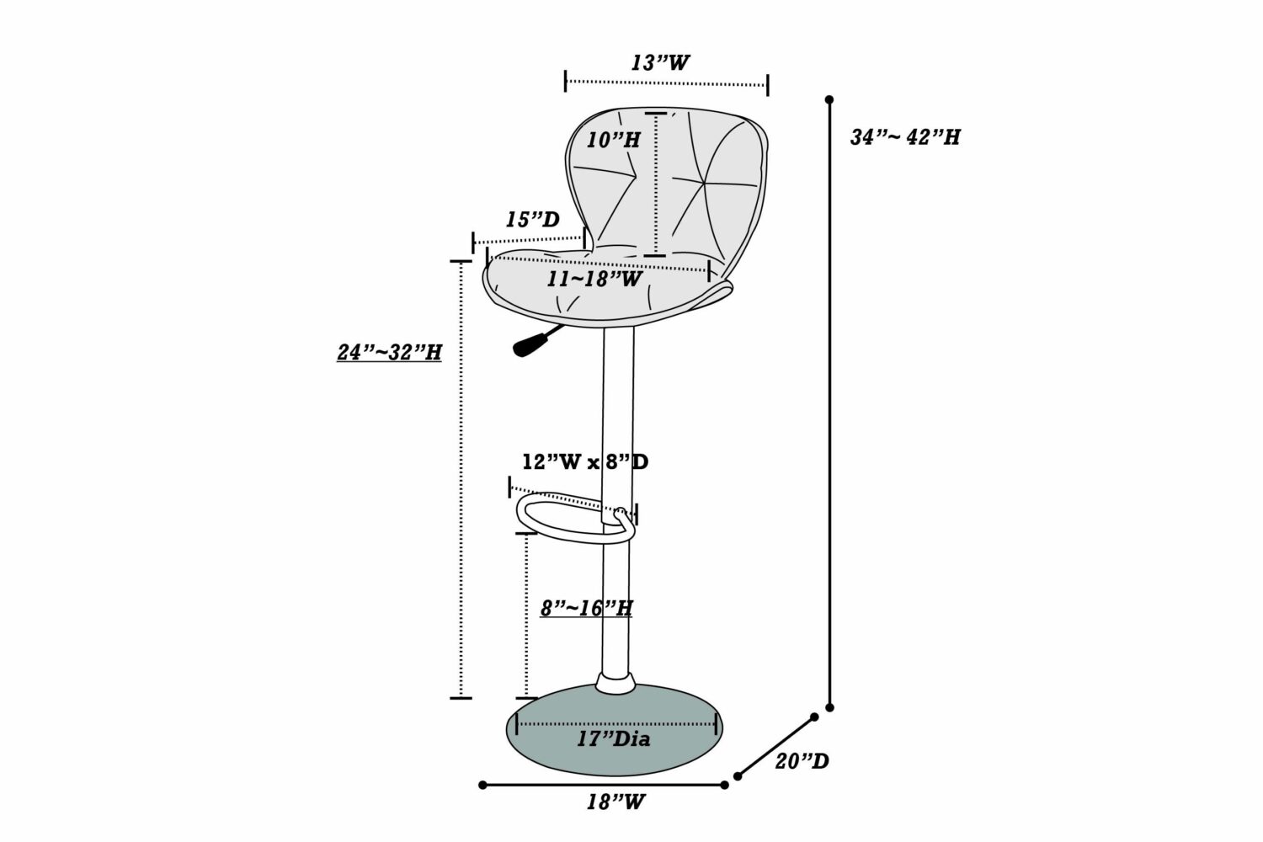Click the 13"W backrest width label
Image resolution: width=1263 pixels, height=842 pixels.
tap(660, 62)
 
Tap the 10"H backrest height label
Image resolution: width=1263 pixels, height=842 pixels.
tap(614, 140)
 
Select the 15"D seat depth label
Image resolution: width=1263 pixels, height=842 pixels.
tap(532, 220)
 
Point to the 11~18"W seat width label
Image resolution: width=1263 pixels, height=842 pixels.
tap(594, 279)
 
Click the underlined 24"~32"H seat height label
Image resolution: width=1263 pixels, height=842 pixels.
tap(390, 353)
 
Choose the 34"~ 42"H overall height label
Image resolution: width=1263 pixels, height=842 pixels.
tap(905, 137)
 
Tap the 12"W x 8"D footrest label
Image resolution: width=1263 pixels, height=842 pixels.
tap(585, 462)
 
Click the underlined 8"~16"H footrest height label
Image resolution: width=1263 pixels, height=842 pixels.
tap(586, 609)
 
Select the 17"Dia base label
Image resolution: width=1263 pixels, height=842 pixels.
tap(614, 738)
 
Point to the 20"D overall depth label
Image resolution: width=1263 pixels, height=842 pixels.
tap(802, 761)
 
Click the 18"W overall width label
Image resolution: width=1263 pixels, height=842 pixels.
tap(616, 802)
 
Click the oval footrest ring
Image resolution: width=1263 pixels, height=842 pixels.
tap(576, 520)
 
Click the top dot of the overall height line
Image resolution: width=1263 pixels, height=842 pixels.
tap(829, 100)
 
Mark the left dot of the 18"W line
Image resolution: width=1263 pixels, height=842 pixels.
tap(482, 785)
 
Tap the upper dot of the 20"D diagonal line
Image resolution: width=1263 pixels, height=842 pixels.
tap(814, 717)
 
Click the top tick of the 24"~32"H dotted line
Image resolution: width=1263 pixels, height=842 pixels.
tap(461, 262)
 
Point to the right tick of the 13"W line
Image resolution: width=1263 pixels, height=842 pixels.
tap(767, 84)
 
